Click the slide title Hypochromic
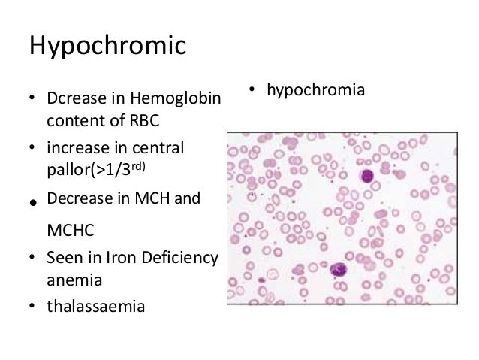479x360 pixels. coord(107,46)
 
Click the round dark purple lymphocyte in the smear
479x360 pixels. coord(367,177)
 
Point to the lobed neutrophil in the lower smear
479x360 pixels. coord(338,269)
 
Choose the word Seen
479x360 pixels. coord(62,259)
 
